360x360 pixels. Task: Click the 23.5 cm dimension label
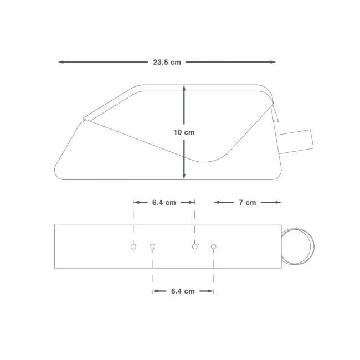167,62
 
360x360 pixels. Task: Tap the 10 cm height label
184,132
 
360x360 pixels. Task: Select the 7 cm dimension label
247,203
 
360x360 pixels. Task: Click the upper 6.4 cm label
164,203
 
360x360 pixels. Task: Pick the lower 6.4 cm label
183,291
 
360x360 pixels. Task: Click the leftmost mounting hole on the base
133,246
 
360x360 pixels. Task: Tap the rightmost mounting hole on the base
214,246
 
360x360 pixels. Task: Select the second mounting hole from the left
152,246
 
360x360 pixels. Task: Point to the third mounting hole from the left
195,246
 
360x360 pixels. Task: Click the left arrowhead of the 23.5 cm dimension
60,62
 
